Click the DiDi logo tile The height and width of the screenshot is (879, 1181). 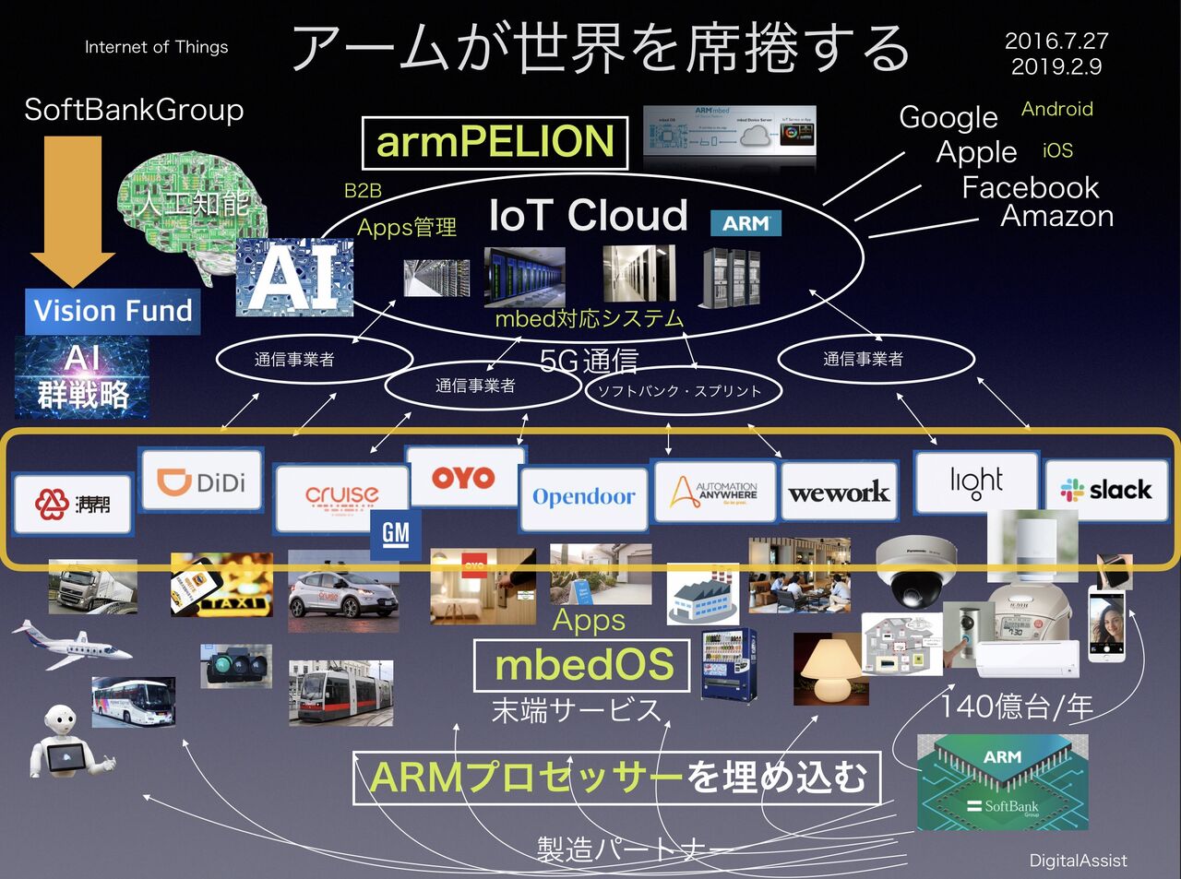[201, 481]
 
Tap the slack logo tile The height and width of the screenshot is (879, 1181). [1105, 490]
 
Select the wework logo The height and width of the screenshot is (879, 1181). [839, 493]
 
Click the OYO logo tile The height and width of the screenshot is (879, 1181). [464, 477]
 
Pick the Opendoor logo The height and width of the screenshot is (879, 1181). [584, 498]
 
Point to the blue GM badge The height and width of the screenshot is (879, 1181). [395, 533]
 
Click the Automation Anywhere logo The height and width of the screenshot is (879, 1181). [714, 492]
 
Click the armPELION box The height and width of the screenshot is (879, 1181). [495, 142]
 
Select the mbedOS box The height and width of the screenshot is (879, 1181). [582, 665]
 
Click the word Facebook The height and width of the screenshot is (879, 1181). [1030, 187]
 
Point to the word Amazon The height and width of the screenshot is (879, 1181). [1057, 217]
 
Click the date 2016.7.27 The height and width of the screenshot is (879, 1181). [1056, 42]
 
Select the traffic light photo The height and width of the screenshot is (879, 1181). [236, 665]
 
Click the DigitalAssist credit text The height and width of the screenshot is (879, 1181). [1078, 861]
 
